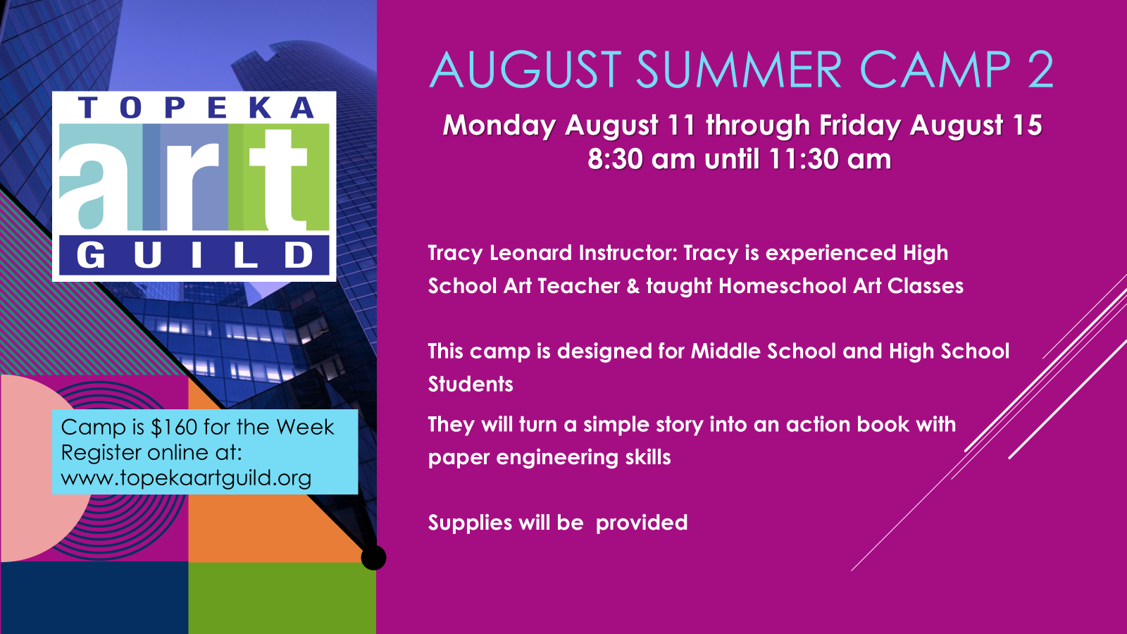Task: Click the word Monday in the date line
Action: point(499,126)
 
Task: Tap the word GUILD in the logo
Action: point(194,254)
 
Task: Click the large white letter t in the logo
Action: point(278,180)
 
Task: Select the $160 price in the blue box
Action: point(173,427)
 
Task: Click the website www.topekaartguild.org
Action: point(186,478)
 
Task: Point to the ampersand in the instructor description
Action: point(633,286)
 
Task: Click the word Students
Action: point(471,385)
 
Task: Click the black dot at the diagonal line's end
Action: point(374,557)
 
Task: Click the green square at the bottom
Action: point(282,598)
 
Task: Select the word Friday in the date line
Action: point(860,126)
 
